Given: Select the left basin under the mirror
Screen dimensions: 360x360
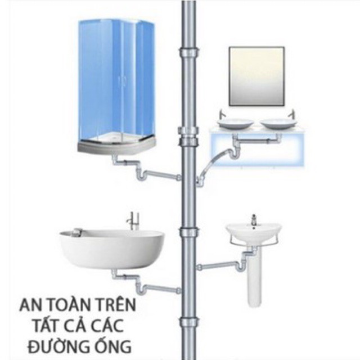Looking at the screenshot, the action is [x=235, y=123].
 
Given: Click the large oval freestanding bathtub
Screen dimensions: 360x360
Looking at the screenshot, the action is [x=112, y=247].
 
